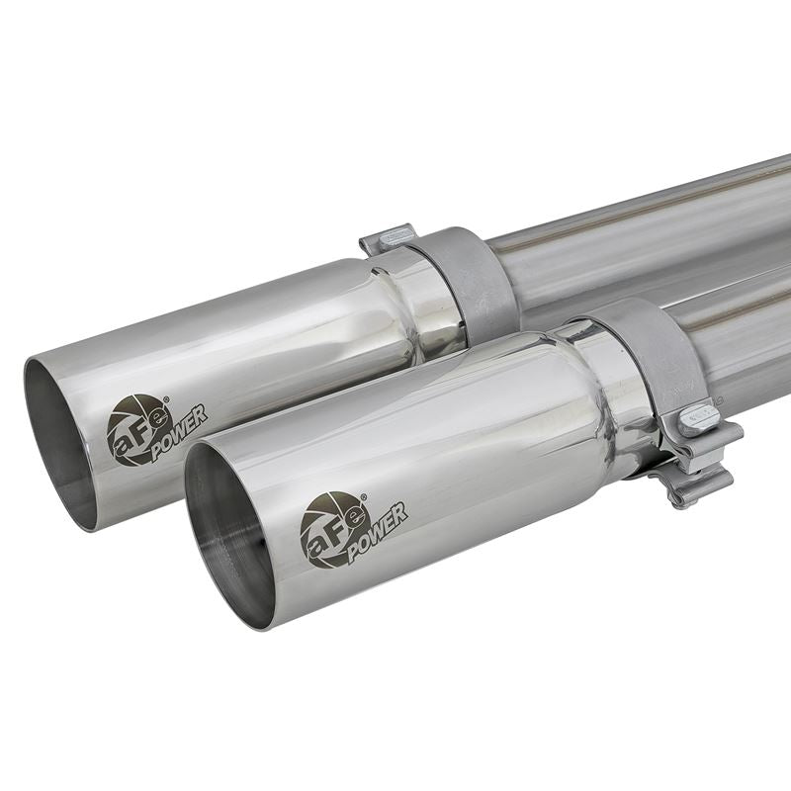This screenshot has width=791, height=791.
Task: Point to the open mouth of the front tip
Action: coord(228,534)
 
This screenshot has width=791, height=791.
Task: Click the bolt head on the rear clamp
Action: coord(395,236)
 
